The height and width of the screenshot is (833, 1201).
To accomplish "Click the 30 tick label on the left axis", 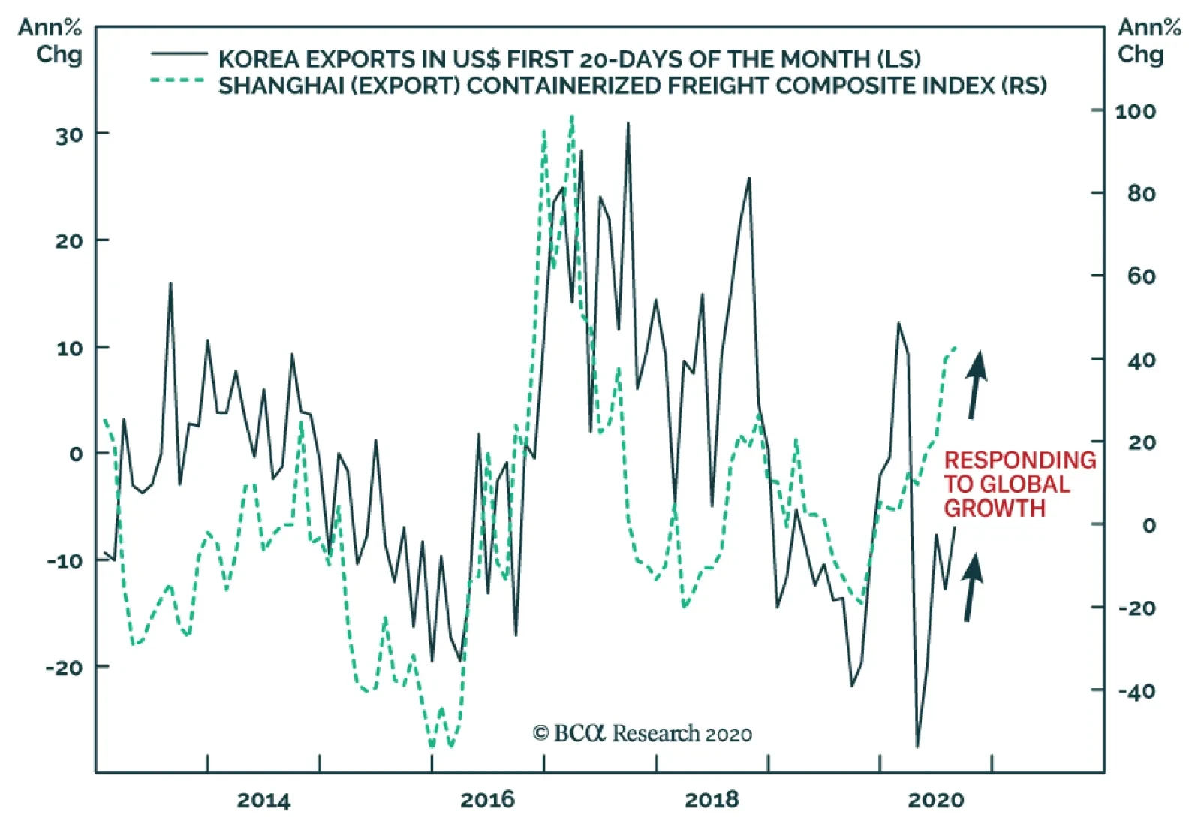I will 69,136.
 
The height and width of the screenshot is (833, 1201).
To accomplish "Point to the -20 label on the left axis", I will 65,668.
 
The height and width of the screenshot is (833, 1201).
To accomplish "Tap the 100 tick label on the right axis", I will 1135,112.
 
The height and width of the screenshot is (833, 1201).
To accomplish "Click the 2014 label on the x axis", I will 263,801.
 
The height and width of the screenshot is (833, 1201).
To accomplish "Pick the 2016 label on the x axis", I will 487,801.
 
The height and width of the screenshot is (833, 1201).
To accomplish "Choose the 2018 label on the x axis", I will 711,801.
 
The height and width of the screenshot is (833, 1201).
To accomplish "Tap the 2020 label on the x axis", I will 935,801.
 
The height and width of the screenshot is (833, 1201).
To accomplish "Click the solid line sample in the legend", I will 179,54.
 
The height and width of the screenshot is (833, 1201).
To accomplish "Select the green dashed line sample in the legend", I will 179,80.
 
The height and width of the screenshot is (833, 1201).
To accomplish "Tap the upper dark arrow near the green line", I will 976,383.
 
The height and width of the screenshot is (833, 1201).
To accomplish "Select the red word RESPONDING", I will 1019,460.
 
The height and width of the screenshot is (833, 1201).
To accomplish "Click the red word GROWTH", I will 994,509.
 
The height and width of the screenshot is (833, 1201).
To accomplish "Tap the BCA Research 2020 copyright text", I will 642,733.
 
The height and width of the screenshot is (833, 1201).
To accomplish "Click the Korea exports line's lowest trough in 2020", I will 917,747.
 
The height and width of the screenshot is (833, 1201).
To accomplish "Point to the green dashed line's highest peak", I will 572,117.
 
